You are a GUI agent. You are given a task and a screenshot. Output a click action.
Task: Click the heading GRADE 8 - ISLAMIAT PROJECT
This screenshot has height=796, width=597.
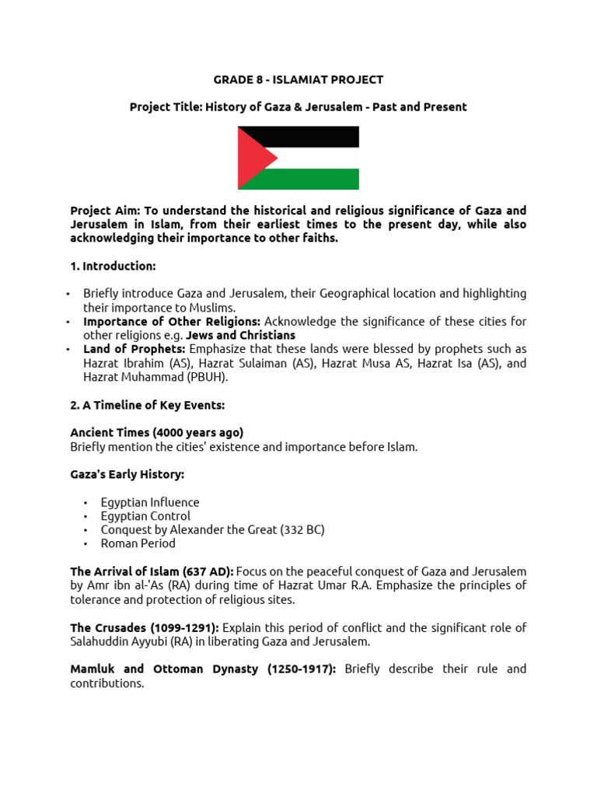pos(298,79)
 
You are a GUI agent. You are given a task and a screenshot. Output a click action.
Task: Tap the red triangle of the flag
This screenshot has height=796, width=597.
pos(253,158)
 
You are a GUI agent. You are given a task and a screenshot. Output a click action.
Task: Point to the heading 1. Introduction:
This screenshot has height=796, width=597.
pos(113,266)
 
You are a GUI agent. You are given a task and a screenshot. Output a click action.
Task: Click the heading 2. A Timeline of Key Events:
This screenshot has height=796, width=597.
pos(148,405)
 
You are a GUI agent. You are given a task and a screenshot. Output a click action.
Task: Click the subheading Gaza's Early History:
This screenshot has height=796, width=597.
pos(127,474)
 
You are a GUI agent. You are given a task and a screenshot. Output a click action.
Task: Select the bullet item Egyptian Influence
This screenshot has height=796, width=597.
pos(150,502)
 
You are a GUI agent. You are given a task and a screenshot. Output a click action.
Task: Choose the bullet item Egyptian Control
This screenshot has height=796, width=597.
pos(145,516)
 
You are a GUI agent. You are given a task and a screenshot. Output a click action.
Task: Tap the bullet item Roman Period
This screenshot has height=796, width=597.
pos(138,544)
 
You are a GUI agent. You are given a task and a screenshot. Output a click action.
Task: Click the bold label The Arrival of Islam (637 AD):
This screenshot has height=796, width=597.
pos(152,571)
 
